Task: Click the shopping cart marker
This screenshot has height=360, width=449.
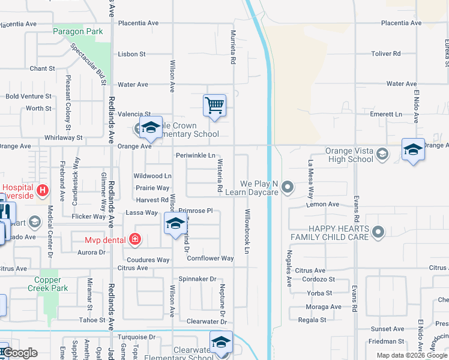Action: [214, 106]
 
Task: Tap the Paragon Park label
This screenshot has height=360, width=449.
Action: [78, 31]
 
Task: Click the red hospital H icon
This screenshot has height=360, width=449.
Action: [43, 191]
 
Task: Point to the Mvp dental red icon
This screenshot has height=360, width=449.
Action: [136, 240]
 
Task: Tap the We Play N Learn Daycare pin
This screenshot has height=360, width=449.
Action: [288, 188]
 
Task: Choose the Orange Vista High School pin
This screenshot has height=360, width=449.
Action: [382, 155]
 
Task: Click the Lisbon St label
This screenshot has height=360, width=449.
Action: [132, 54]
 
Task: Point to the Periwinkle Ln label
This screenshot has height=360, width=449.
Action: [195, 155]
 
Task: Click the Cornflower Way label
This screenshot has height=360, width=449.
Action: [210, 259]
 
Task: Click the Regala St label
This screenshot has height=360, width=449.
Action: [312, 320]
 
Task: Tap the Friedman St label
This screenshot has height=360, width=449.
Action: [386, 341]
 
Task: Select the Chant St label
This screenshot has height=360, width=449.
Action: [42, 69]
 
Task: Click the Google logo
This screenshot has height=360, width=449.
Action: [20, 353]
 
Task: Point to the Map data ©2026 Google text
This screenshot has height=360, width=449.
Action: [411, 355]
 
